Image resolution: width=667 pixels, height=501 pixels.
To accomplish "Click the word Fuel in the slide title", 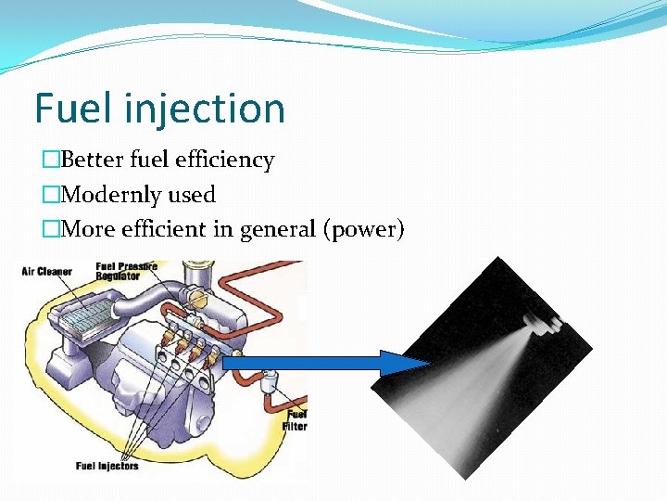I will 69,109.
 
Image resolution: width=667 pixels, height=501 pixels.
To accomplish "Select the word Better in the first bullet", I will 92,160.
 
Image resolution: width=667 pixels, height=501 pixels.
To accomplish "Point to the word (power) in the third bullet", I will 363,230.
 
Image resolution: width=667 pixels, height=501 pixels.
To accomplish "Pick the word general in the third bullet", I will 278,230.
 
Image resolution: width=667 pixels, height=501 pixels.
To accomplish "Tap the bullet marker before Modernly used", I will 50,195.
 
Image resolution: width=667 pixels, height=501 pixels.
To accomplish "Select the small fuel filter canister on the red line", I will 269,382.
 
